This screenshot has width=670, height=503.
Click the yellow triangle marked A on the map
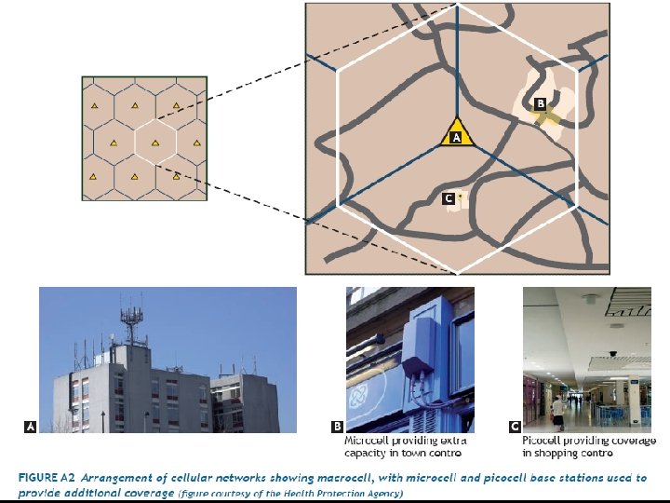pyautogui.click(x=456, y=133)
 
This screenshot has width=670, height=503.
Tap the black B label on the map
pyautogui.click(x=540, y=103)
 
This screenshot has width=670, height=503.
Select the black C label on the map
pyautogui.click(x=449, y=198)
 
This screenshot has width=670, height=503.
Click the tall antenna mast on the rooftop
pyautogui.click(x=136, y=322)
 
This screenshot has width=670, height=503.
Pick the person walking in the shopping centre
pyautogui.click(x=556, y=411)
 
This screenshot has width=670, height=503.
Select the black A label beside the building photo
pyautogui.click(x=31, y=426)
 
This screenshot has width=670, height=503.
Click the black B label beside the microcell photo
pyautogui.click(x=337, y=426)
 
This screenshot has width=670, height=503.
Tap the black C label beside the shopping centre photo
pyautogui.click(x=514, y=426)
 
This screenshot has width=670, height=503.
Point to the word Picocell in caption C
pyautogui.click(x=543, y=440)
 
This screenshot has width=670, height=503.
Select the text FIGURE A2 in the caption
pyautogui.click(x=47, y=477)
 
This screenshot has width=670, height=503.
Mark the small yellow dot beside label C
pyautogui.click(x=460, y=197)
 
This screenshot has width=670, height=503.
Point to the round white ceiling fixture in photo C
pyautogui.click(x=592, y=299)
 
